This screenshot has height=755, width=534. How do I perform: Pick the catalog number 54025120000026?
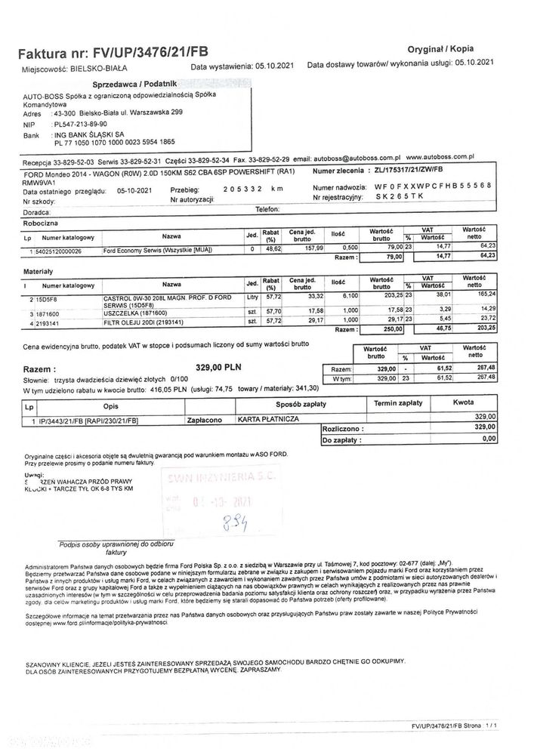(58, 250)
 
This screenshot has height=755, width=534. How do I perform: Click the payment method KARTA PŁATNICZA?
(269, 418)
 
